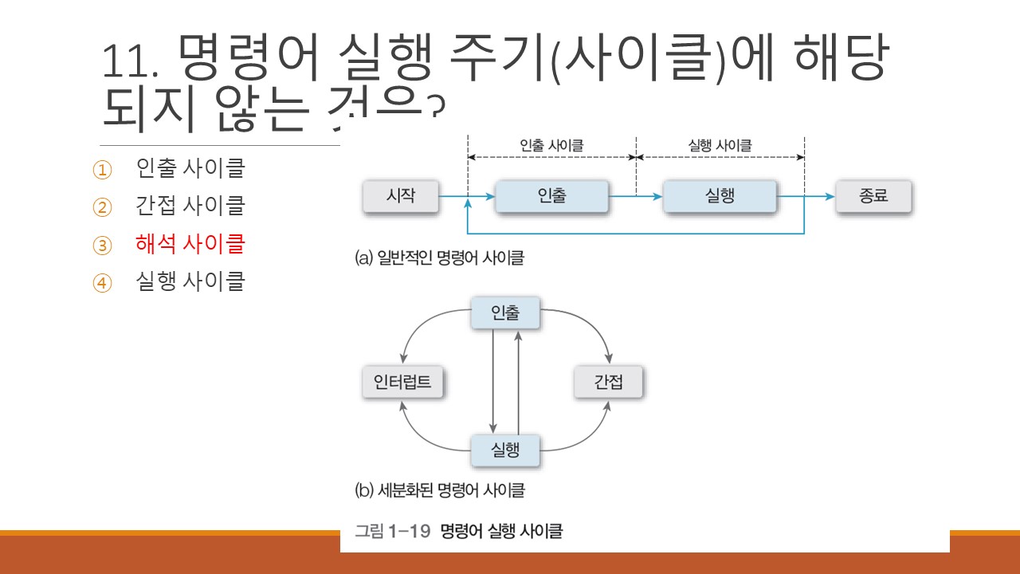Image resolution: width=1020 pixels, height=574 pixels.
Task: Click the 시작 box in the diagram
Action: click(x=400, y=196)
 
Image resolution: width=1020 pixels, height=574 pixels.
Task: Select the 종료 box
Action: click(x=873, y=196)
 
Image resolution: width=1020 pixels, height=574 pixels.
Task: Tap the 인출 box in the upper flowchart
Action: click(x=551, y=196)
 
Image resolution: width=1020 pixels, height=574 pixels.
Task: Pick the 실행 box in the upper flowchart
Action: click(x=720, y=196)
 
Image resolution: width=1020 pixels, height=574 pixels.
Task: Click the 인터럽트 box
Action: click(x=402, y=383)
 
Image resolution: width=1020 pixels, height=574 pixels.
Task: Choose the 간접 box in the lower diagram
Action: click(x=608, y=383)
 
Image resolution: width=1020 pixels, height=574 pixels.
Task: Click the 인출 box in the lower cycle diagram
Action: click(x=505, y=313)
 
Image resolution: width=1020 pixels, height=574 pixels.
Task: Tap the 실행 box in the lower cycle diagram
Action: click(x=505, y=450)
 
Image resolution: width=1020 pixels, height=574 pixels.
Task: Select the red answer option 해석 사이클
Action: click(x=190, y=244)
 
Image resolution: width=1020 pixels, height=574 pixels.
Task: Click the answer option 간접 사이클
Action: click(x=190, y=206)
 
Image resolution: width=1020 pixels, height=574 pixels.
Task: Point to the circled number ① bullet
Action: click(x=103, y=170)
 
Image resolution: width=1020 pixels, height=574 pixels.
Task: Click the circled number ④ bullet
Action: click(x=103, y=282)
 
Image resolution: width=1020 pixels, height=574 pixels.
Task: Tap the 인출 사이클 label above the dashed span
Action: click(x=551, y=146)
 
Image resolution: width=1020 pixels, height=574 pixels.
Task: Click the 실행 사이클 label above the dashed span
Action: click(x=720, y=146)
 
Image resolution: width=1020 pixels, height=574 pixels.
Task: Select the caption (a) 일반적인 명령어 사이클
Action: click(x=440, y=258)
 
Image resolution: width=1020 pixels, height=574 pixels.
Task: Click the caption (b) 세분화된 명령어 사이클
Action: click(x=440, y=489)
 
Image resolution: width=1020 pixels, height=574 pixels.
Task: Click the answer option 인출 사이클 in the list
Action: click(x=190, y=169)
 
